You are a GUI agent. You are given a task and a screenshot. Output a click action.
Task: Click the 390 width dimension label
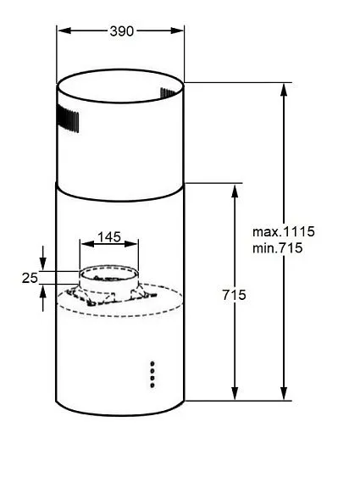122,31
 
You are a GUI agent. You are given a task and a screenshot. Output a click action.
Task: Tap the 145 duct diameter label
108,237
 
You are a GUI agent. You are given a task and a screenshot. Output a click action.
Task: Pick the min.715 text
278,247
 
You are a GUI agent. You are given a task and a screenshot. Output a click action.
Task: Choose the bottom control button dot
152,385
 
